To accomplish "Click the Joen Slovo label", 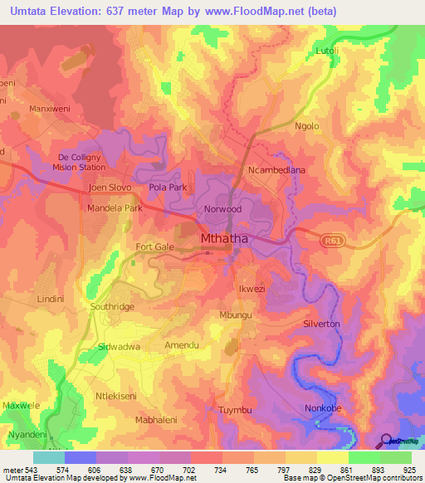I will pyautogui.click(x=109, y=188).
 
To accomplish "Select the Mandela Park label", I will pyautogui.click(x=115, y=208).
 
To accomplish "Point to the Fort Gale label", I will pyautogui.click(x=155, y=247).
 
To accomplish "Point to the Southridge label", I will pyautogui.click(x=111, y=307).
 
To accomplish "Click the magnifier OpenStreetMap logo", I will pyautogui.click(x=387, y=442).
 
